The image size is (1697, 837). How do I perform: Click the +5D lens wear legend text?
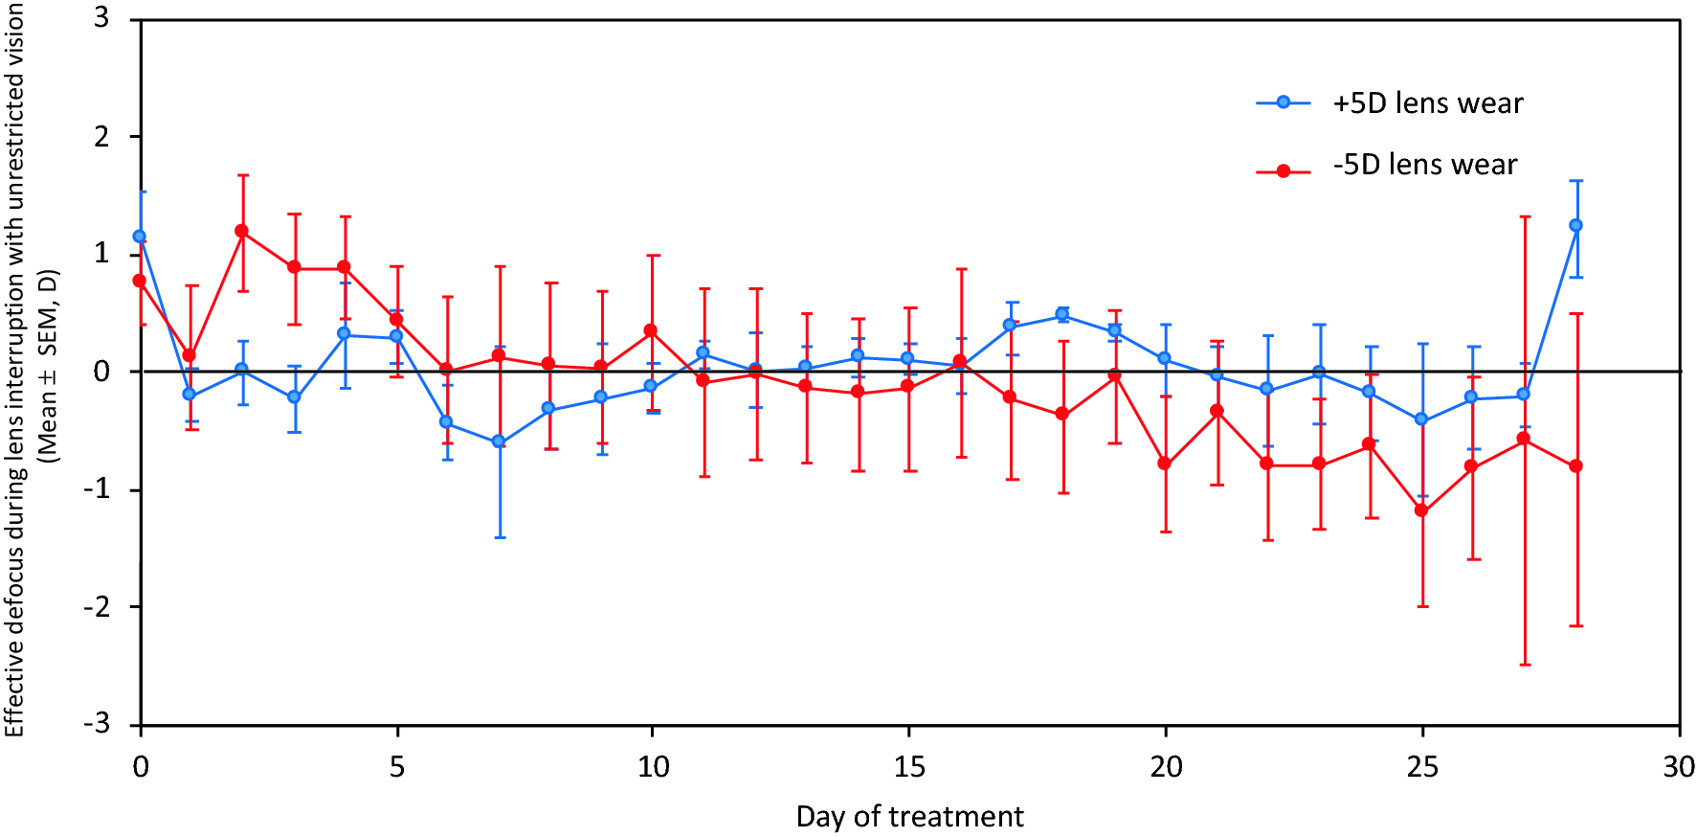pos(1427,103)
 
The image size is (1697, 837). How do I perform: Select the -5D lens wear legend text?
pos(1424,165)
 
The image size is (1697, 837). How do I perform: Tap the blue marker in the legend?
pos(1284,102)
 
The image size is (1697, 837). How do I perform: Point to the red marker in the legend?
pos(1284,171)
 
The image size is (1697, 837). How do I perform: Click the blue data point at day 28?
pos(1576,226)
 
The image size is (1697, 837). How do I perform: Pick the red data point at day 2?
pos(242,231)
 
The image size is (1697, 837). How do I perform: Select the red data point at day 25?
pos(1421,510)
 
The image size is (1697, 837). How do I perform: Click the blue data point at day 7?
pos(499,441)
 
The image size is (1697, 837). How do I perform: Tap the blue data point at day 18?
pos(1062,314)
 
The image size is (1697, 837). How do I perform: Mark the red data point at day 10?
pos(651,330)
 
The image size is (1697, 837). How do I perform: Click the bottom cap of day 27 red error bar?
pos(1525,665)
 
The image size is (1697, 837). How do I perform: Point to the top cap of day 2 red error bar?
pos(243,175)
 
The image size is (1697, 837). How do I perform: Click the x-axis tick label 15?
pos(909,767)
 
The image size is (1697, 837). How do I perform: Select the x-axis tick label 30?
pos(1679,767)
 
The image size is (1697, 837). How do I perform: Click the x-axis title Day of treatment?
pos(909,817)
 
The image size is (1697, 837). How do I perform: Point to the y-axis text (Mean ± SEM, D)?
pos(48,367)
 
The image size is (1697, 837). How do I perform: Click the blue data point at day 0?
pos(140,236)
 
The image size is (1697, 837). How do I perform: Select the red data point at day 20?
pos(1165,464)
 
